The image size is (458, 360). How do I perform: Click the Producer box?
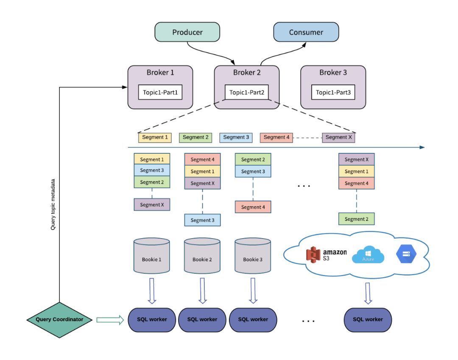pos(187,33)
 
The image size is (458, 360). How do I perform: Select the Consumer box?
pos(306,33)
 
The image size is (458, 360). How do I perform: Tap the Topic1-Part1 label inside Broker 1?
pos(160,92)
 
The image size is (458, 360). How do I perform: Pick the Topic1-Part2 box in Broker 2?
pos(246,92)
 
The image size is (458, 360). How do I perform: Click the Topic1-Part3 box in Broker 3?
pos(333,92)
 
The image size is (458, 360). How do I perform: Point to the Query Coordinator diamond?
pos(59,319)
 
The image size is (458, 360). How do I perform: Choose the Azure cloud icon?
pos(368,255)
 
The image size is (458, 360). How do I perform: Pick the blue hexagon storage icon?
pos(406,255)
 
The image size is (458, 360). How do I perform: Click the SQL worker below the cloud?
pos(368,319)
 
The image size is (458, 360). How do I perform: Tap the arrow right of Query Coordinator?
pos(109,319)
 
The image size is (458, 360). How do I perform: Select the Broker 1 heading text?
pos(160,73)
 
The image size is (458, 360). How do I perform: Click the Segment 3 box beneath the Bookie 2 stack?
pos(202,220)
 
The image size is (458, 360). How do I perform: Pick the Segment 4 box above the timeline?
pos(276,137)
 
